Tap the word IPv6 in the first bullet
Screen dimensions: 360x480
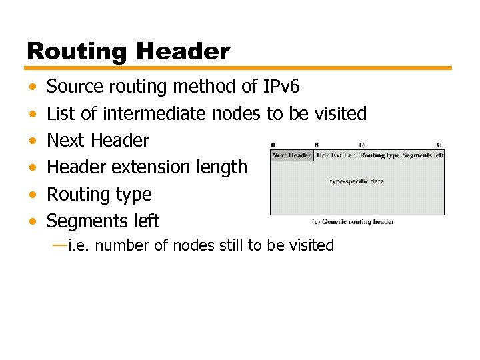(282, 87)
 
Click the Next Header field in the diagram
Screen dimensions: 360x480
(291, 155)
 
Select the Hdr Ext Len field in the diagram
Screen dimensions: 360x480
(336, 155)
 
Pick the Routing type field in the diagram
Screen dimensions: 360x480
(380, 155)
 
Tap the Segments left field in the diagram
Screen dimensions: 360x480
(423, 155)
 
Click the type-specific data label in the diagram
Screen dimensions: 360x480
(357, 181)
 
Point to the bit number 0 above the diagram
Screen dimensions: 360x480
(273, 145)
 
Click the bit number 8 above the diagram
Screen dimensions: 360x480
(316, 145)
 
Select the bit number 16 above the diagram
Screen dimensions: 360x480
(361, 145)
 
